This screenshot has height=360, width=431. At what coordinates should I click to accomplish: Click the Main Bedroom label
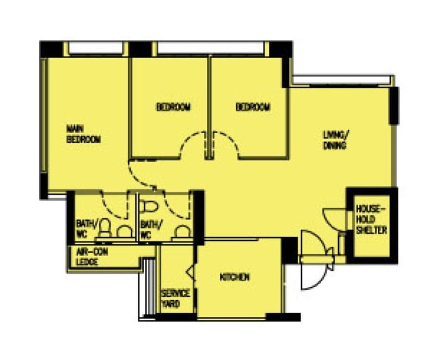coord(84,134)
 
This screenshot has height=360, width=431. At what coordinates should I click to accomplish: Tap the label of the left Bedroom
coord(173,107)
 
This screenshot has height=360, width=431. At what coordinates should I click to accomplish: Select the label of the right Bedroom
coord(253,107)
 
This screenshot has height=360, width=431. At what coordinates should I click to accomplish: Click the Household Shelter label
coord(371,219)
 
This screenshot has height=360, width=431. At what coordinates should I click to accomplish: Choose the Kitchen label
coord(235,277)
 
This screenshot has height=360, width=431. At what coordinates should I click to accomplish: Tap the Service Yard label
coord(176,299)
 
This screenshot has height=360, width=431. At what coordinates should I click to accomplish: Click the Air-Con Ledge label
coord(88,257)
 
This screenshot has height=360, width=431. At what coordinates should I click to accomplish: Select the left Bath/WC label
coord(86,229)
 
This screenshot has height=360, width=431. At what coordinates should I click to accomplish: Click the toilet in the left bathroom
coord(105,228)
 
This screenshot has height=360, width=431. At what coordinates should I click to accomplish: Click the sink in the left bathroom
coord(124,232)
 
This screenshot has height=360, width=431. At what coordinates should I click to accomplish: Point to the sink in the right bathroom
coord(182,232)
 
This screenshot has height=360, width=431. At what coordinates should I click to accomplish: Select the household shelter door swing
coord(330,221)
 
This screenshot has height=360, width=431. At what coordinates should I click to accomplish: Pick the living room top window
coord(342,80)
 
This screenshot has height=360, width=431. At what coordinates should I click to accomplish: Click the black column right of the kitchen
coord(290,251)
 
